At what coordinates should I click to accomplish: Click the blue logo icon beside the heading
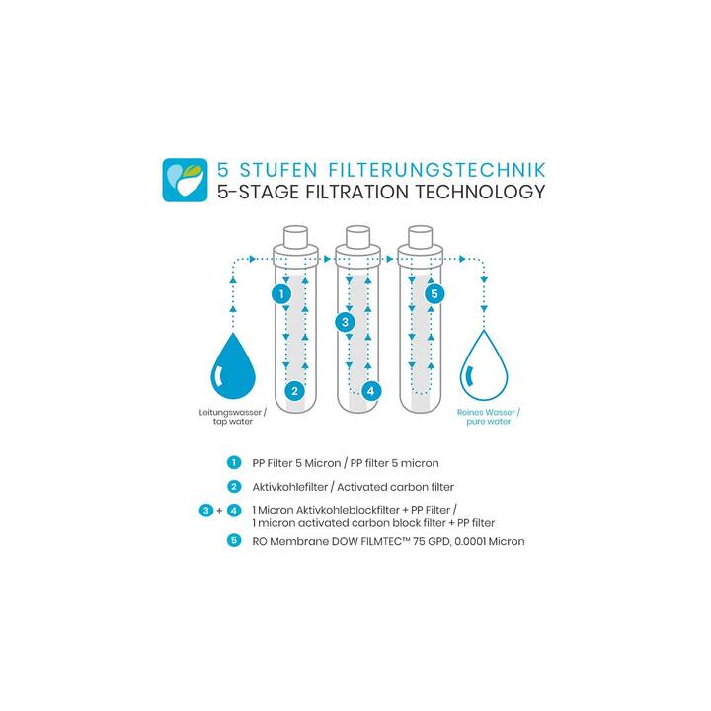[185, 180]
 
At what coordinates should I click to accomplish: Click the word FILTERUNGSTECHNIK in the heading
[437, 170]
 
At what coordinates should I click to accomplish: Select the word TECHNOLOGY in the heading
[480, 192]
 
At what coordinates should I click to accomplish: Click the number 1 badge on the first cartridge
[281, 294]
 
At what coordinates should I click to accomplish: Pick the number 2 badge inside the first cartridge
[294, 391]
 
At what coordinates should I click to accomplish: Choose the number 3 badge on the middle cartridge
[345, 322]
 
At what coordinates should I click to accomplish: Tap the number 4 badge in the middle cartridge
[371, 391]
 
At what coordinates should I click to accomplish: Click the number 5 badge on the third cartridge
[434, 294]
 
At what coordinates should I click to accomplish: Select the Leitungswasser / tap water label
[233, 417]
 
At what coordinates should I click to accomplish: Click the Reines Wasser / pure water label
[489, 417]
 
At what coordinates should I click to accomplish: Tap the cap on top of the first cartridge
[295, 237]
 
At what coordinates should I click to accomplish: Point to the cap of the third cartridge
[421, 237]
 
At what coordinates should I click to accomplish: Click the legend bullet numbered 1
[233, 463]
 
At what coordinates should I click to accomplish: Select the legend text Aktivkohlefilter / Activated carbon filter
[354, 487]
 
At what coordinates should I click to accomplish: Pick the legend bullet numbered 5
[233, 540]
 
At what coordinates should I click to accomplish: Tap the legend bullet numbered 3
[205, 511]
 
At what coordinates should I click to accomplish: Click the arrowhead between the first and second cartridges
[328, 259]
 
